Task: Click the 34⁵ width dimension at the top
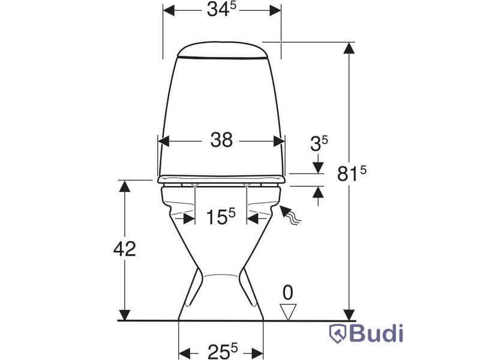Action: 221,9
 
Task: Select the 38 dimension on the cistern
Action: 221,140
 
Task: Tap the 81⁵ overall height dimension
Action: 352,173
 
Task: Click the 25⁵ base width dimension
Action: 223,351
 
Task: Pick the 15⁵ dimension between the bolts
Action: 221,217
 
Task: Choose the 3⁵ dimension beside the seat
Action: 319,143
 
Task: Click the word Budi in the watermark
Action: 376,334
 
